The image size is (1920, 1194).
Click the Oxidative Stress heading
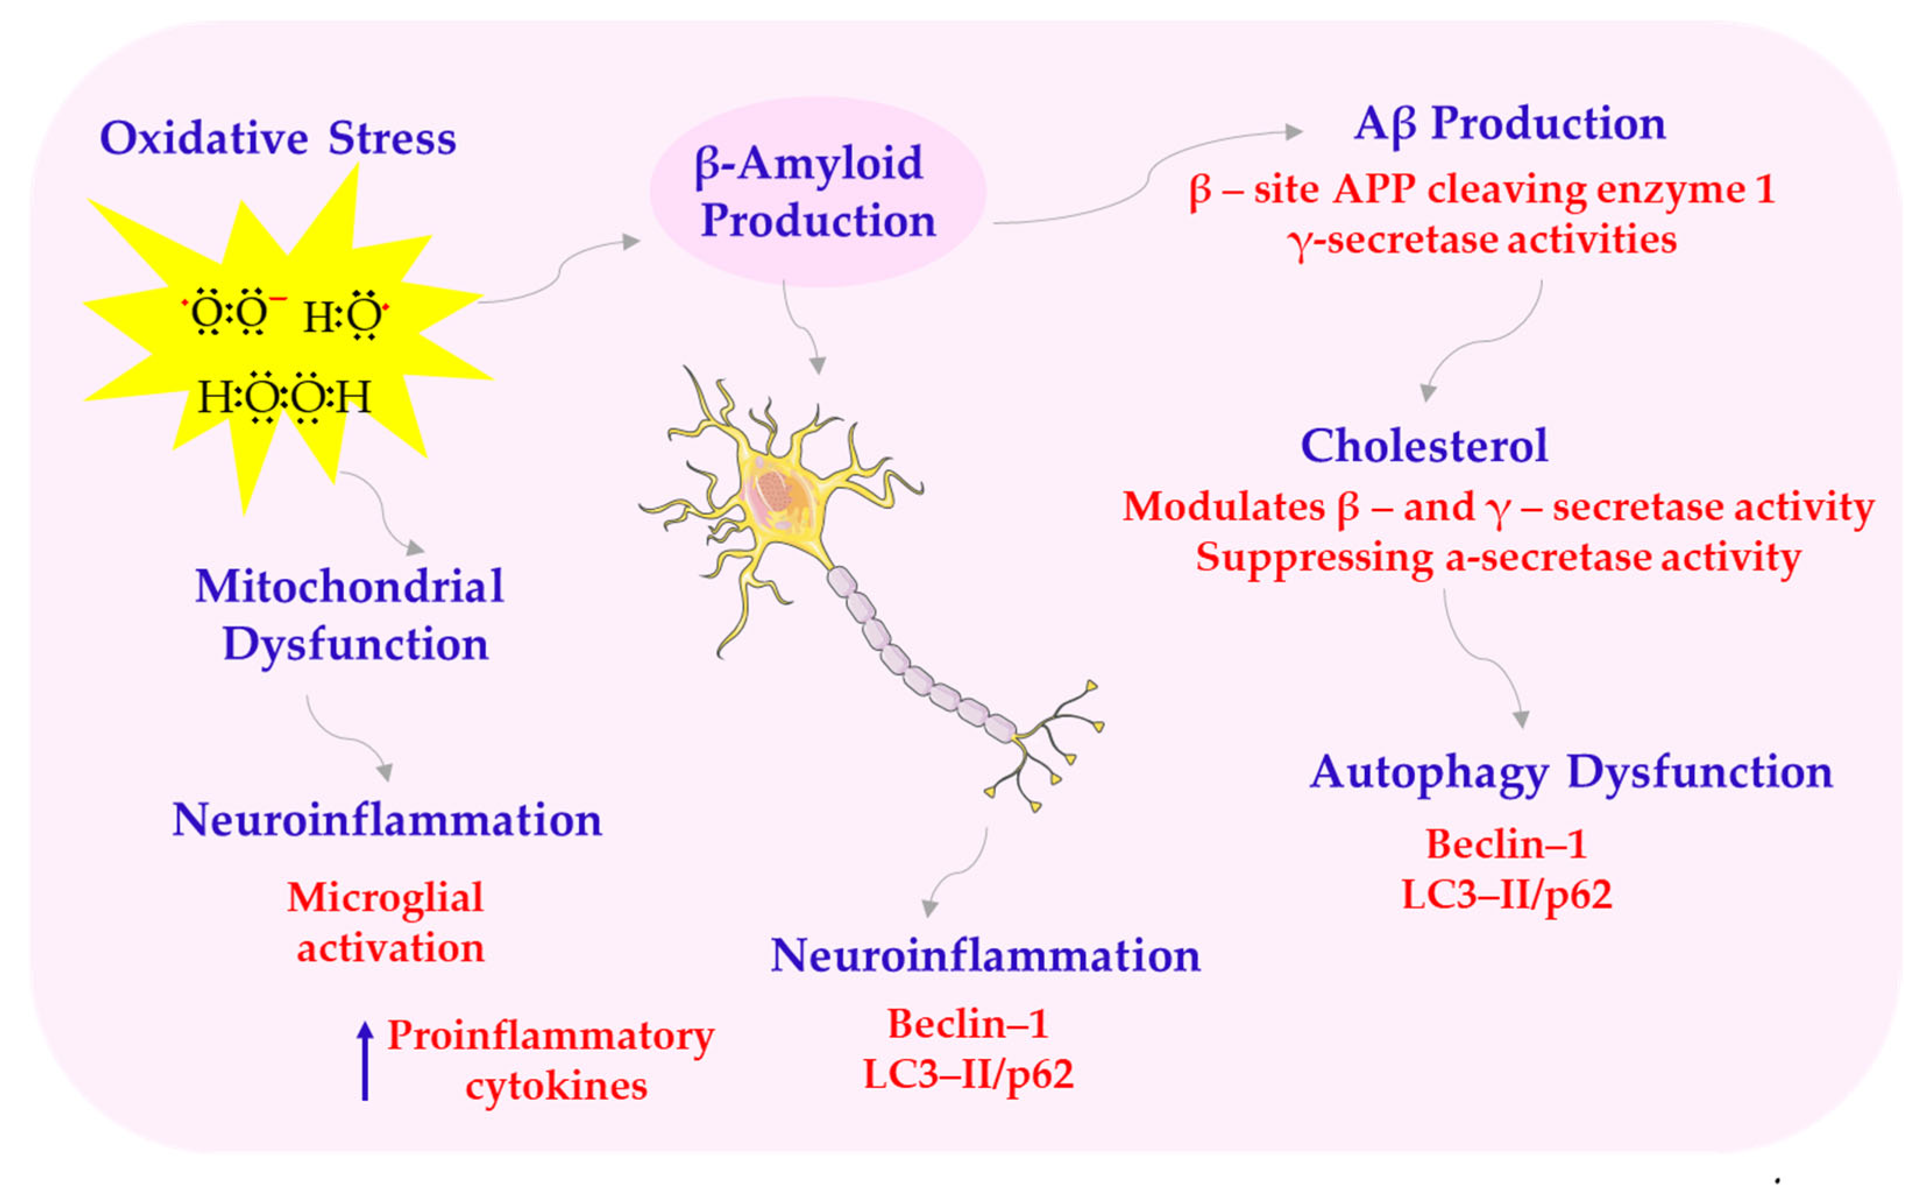278,139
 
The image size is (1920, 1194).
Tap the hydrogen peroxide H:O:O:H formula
284,396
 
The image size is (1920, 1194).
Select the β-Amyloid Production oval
817,192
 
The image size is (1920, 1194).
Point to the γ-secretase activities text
1481,240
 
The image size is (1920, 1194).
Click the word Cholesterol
1424,446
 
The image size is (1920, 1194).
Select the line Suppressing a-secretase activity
1497,558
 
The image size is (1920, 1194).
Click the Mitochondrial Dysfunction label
350,615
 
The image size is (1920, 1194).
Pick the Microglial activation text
387,922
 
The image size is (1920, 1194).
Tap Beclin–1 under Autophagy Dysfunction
1506,845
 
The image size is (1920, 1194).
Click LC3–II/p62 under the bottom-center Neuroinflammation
968,1075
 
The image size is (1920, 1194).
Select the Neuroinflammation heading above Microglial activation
387,820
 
